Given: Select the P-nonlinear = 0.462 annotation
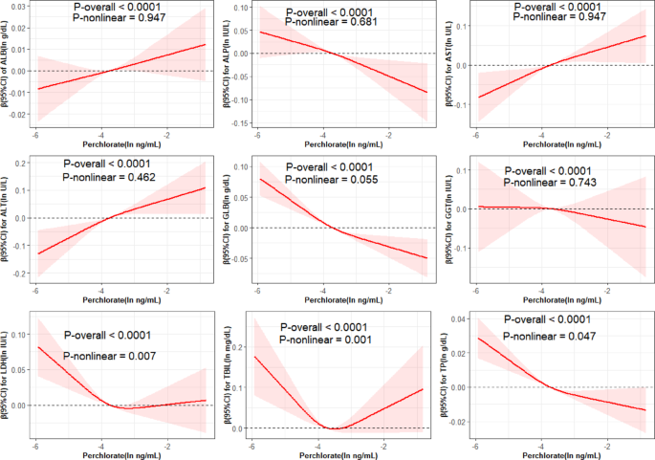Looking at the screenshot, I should pyautogui.click(x=110, y=178).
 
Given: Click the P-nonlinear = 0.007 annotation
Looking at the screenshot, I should pyautogui.click(x=110, y=355).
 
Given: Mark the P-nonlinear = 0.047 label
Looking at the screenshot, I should pyautogui.click(x=550, y=337).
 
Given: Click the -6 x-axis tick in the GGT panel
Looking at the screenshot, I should pyautogui.click(x=475, y=287).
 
